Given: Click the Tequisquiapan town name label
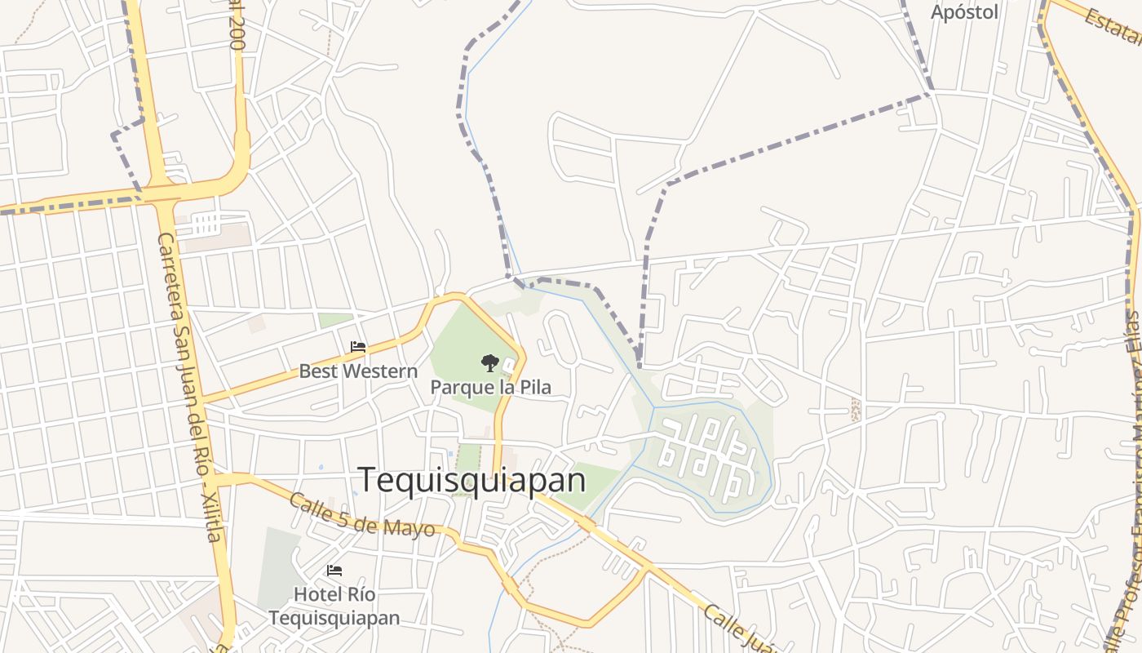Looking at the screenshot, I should click(471, 480).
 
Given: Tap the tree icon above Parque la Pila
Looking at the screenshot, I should click(489, 363).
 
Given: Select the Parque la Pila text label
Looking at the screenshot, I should click(490, 387).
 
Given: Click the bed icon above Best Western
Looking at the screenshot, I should click(358, 347).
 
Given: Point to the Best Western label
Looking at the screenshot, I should click(358, 371).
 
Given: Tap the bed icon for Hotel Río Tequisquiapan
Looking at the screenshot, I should click(334, 570).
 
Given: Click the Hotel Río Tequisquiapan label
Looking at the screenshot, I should click(334, 606).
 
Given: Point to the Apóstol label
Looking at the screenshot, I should click(964, 12).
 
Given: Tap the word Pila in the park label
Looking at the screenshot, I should click(535, 387).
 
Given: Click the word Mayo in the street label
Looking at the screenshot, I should click(412, 528).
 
